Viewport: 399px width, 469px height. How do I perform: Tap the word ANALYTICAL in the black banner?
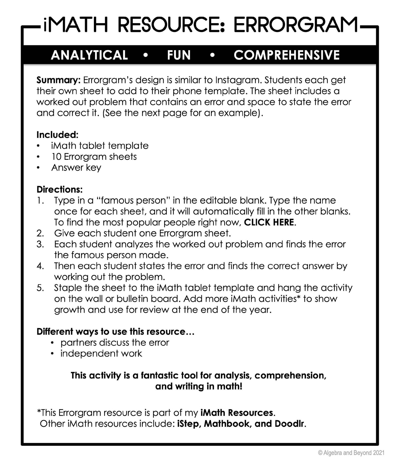click(89, 55)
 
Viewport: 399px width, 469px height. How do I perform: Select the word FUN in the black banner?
click(179, 55)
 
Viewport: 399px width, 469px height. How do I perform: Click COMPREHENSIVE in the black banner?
click(287, 55)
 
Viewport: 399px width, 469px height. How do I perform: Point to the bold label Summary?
click(58, 80)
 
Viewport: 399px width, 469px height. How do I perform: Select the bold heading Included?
click(57, 135)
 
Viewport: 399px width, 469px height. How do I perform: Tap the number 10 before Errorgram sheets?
click(56, 157)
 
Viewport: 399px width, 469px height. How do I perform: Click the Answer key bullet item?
click(76, 168)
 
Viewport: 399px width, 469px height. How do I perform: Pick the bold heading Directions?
click(60, 190)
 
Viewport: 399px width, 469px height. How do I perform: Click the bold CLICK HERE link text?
click(269, 222)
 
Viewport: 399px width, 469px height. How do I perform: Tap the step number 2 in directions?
click(40, 233)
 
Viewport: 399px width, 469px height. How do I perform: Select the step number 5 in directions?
click(40, 288)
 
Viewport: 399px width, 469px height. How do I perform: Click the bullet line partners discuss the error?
click(115, 343)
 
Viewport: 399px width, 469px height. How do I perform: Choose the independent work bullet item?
click(101, 354)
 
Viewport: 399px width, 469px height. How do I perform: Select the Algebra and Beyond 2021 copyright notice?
click(351, 453)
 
